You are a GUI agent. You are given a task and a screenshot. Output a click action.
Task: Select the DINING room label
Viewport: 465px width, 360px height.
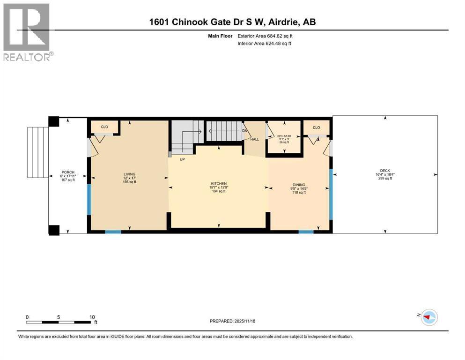299,184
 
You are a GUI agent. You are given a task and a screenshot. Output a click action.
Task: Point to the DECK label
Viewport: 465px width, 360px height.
385,171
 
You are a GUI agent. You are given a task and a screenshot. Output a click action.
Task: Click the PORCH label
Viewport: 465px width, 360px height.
68,172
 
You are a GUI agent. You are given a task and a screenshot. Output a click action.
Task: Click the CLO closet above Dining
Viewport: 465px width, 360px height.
316,127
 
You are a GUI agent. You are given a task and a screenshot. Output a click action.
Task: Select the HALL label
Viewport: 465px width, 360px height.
254,139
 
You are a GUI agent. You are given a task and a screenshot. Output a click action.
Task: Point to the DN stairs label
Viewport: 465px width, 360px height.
244,131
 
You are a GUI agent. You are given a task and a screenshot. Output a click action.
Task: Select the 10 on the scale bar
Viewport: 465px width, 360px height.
92,317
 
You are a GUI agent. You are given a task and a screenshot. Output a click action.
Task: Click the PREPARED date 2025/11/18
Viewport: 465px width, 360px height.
232,321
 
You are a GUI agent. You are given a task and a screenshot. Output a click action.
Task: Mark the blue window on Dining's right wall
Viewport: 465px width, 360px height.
331,195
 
